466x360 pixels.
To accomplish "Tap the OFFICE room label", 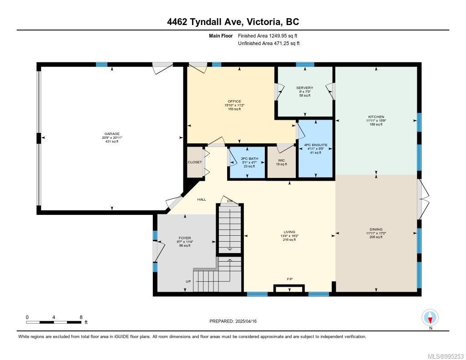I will tap(234, 101).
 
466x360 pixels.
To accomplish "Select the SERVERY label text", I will tap(304, 88).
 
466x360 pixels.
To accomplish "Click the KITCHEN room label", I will tap(375, 117).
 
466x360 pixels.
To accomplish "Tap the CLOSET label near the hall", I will tap(195, 162).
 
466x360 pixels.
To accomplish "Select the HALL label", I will tap(202, 199).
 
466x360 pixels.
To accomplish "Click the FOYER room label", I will tap(184, 238).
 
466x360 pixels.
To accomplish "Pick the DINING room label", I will tap(376, 229).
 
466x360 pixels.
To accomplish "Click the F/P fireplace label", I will tap(289, 279).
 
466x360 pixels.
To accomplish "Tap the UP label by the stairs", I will tap(188, 282).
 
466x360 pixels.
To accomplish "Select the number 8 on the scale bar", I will tap(81, 317).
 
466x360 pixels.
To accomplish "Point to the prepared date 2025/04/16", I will tap(249, 321).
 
